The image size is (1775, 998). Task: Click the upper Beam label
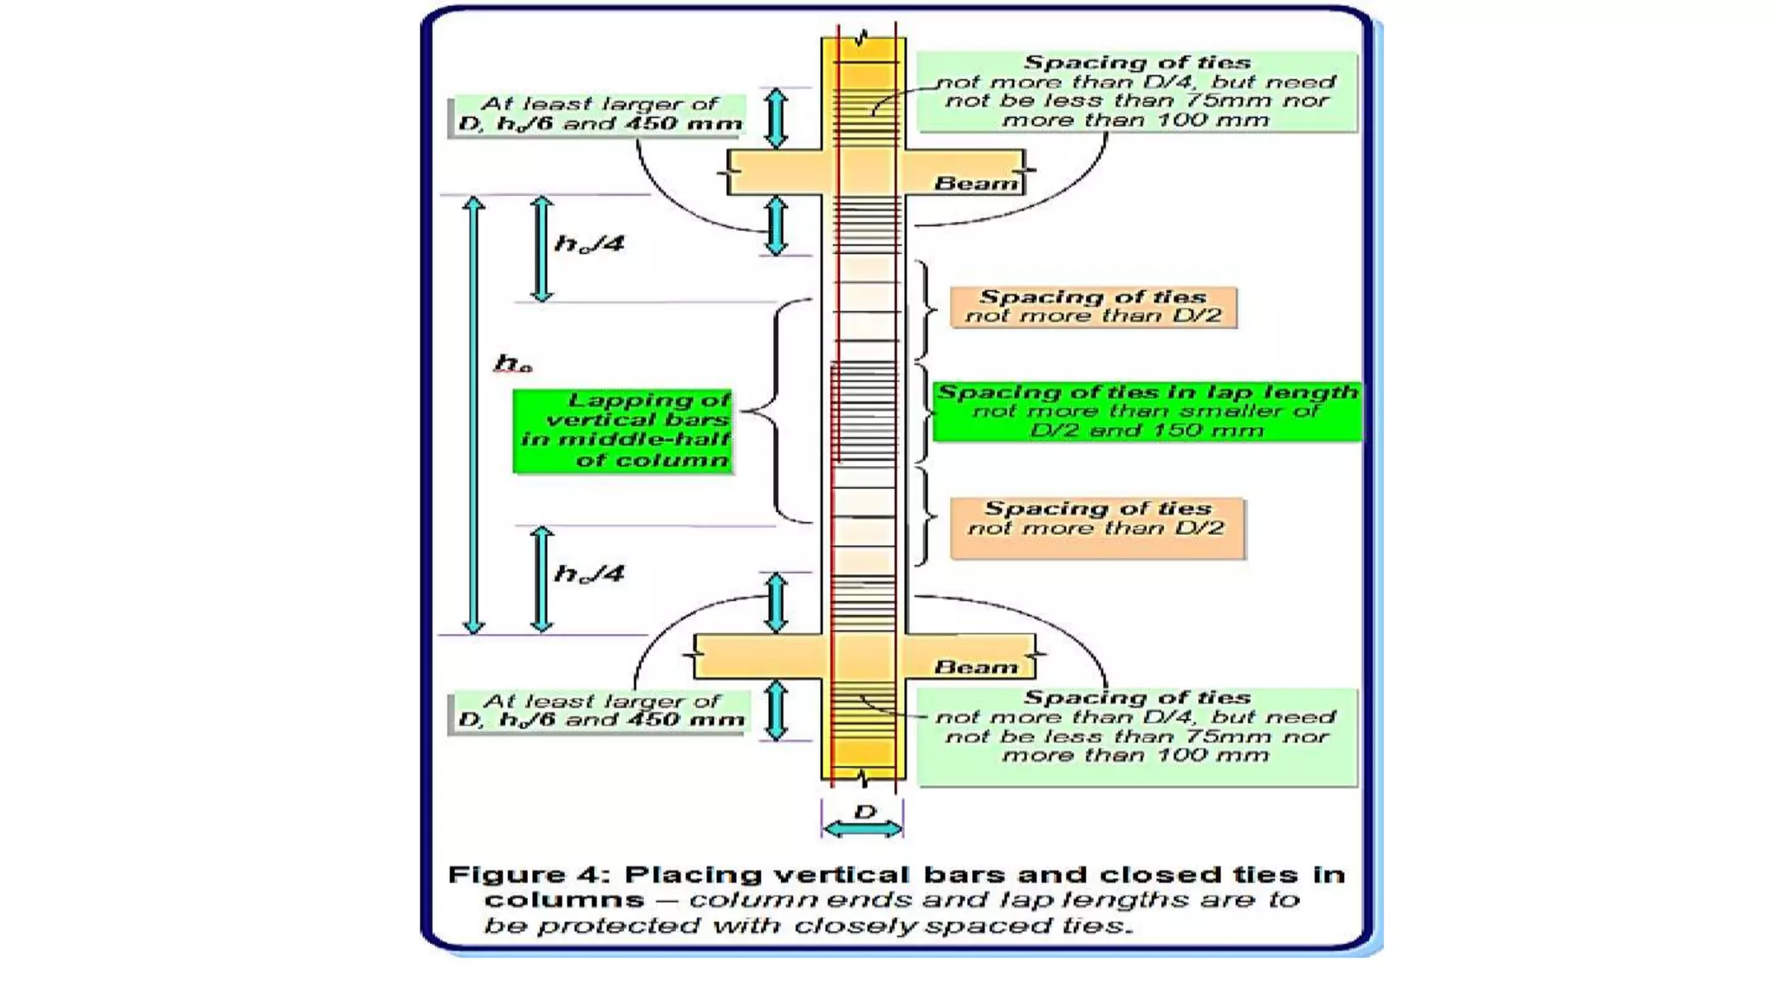pyautogui.click(x=976, y=184)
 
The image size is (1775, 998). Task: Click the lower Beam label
pyautogui.click(x=976, y=667)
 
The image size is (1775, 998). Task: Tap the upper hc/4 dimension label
pyautogui.click(x=589, y=244)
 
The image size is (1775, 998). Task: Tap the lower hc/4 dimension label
pyautogui.click(x=589, y=574)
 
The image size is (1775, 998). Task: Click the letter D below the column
pyautogui.click(x=864, y=812)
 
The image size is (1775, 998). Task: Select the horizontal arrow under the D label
pyautogui.click(x=862, y=830)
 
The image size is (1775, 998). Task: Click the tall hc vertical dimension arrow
pyautogui.click(x=473, y=416)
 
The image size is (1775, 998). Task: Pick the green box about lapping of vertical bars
pyautogui.click(x=623, y=431)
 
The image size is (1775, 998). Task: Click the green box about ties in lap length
pyautogui.click(x=1147, y=412)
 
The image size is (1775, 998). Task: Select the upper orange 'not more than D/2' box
pyautogui.click(x=1093, y=308)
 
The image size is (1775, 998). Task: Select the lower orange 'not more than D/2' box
pyautogui.click(x=1096, y=528)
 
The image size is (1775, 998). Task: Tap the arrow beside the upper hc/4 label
pyautogui.click(x=542, y=249)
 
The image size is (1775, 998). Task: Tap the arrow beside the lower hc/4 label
pyautogui.click(x=542, y=578)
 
